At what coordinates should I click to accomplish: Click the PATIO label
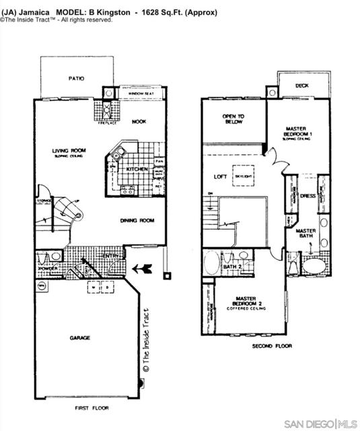point(76,79)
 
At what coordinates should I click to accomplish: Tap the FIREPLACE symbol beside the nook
point(106,110)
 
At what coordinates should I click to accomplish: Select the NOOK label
point(139,122)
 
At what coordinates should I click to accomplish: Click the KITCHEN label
point(137,169)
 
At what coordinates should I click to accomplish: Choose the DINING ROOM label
point(137,220)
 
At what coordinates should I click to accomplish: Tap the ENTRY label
point(111,257)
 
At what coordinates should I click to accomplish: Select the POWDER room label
point(47,268)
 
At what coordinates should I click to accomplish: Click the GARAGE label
point(79,337)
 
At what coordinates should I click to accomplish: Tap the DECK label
point(302,86)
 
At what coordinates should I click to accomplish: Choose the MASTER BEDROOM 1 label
point(296,131)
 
